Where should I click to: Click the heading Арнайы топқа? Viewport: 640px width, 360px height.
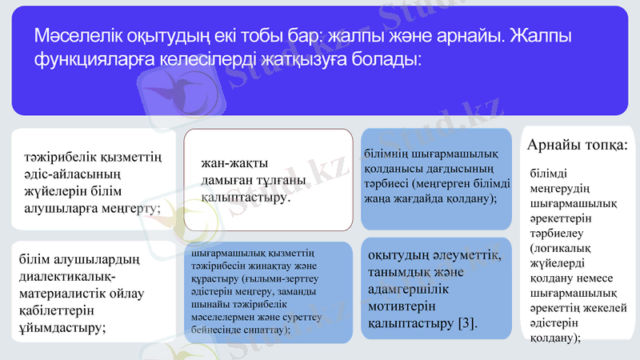577,145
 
